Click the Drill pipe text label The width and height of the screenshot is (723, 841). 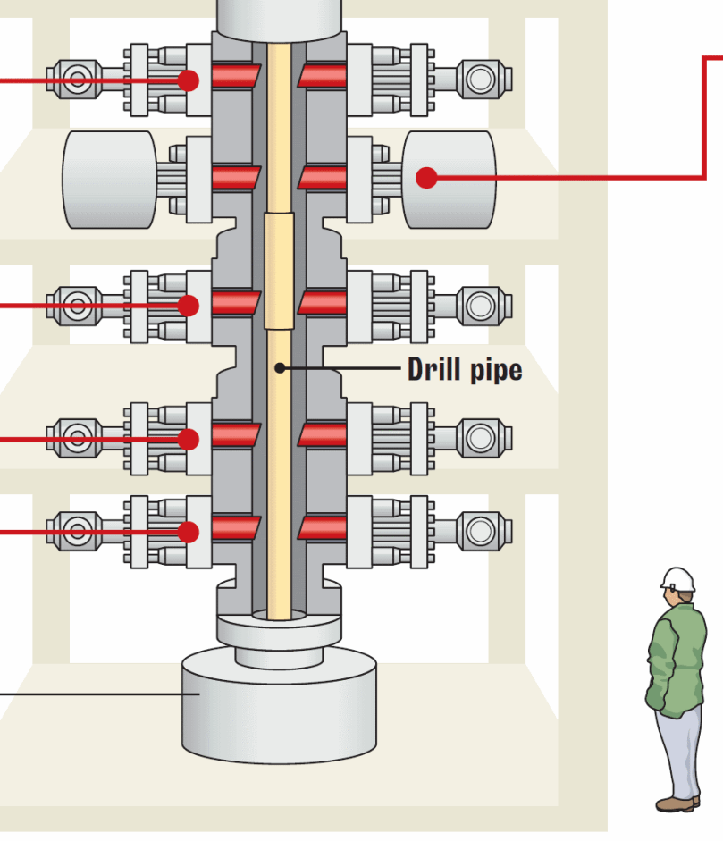(464, 368)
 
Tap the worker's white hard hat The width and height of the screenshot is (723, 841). (678, 578)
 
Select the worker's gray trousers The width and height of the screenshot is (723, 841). (679, 751)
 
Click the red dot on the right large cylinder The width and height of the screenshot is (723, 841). (427, 178)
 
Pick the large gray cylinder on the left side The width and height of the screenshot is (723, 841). (109, 179)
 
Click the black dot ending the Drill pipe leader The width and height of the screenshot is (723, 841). (280, 367)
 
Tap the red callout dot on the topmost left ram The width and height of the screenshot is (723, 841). (188, 80)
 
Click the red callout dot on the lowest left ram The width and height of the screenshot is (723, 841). (188, 532)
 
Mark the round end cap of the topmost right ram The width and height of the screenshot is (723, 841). (480, 80)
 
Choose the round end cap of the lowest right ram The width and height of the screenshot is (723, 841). (480, 531)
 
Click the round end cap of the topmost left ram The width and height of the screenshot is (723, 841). (77, 80)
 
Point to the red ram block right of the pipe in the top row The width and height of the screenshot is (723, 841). (323, 76)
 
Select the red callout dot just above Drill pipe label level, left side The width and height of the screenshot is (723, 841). (188, 306)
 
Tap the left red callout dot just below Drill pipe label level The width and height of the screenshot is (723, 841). (188, 439)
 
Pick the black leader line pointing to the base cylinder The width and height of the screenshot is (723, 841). (89, 693)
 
